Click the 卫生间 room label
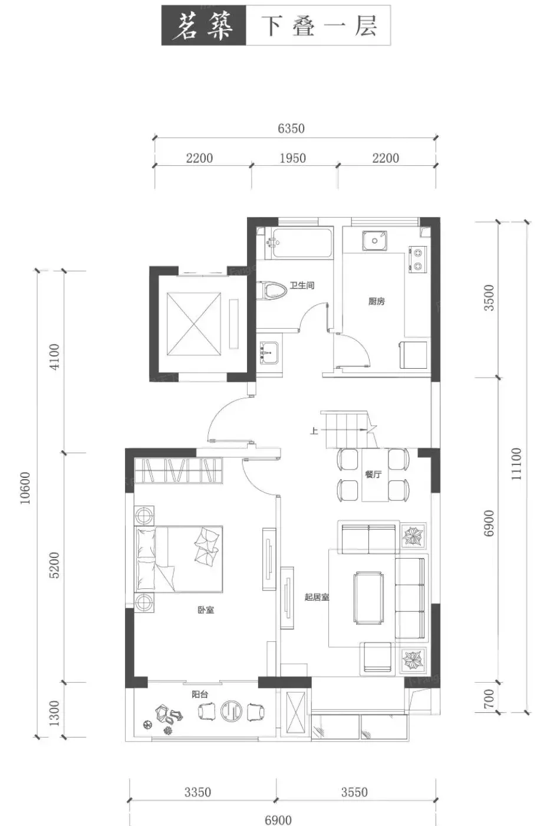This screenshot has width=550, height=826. (302, 285)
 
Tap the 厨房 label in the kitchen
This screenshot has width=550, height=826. (376, 301)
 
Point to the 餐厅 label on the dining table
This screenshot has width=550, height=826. (373, 474)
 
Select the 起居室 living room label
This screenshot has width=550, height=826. (317, 597)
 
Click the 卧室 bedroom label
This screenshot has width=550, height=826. (206, 610)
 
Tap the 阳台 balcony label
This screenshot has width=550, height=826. (200, 694)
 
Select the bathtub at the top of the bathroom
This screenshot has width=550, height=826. (302, 243)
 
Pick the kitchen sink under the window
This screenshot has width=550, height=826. (375, 241)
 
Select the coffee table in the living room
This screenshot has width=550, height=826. (369, 598)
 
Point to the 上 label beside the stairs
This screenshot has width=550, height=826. (314, 430)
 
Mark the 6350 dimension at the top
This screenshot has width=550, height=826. (291, 129)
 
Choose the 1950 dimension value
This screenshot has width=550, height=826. (292, 158)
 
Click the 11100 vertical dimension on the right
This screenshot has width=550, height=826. (516, 464)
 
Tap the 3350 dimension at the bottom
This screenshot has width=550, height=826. (198, 792)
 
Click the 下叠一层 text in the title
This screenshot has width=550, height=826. (319, 26)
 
